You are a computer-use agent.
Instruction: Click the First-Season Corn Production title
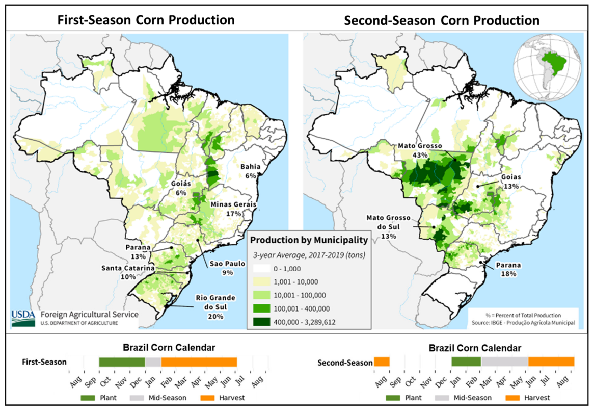pos(146,20)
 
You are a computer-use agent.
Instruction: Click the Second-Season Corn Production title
pos(442,20)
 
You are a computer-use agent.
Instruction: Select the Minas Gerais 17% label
pos(233,209)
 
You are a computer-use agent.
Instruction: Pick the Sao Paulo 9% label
pos(227,268)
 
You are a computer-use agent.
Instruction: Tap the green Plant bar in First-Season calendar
pos(122,362)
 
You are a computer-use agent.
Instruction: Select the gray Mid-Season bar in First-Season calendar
pos(153,362)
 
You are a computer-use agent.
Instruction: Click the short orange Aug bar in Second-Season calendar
pos(382,362)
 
